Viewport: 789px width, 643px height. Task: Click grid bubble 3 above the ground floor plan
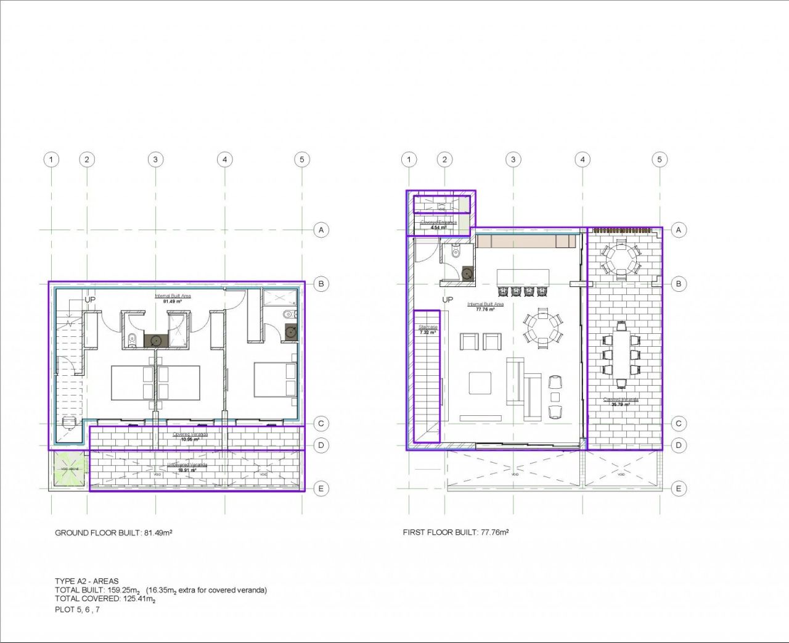155,159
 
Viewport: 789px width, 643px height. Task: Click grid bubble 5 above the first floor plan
659,159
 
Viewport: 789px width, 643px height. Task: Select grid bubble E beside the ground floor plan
320,489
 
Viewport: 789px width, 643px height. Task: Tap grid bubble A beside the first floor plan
678,230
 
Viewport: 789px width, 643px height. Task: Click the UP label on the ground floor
90,299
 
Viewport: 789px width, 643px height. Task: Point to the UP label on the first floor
448,299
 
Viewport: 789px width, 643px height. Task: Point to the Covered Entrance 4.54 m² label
438,225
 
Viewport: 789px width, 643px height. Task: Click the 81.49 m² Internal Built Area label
173,299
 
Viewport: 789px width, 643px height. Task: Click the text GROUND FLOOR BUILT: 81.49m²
113,533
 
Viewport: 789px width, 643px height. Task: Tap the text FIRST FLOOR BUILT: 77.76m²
456,532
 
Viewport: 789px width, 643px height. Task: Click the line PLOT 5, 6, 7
77,610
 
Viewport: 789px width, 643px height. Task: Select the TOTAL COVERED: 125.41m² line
105,599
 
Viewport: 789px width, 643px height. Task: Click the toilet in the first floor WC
456,251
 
